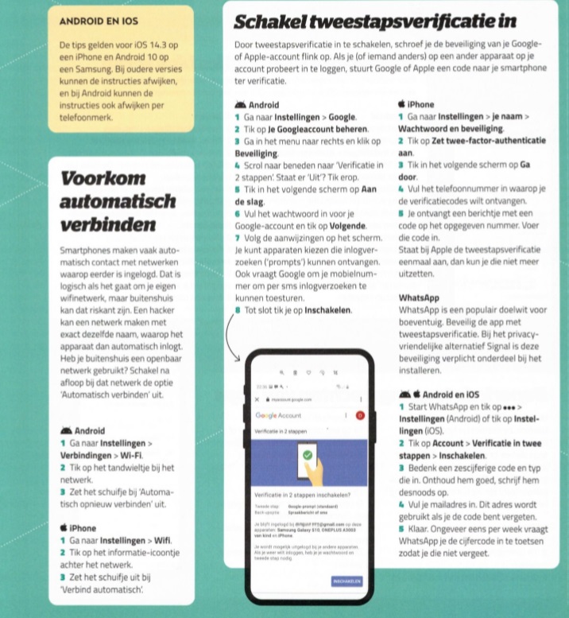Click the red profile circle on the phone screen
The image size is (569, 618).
(360, 415)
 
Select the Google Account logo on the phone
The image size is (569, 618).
(277, 415)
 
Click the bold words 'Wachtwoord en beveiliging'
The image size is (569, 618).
(450, 128)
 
